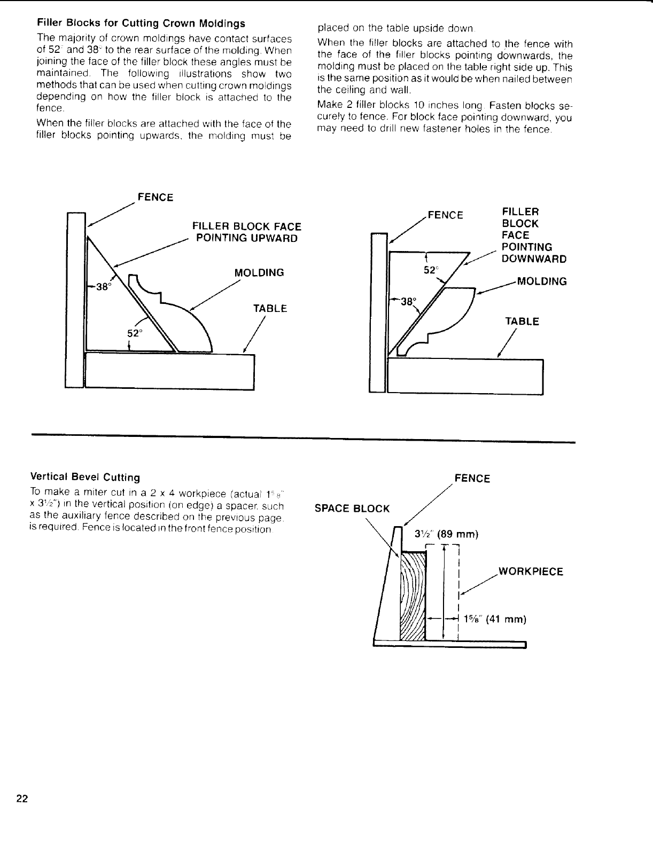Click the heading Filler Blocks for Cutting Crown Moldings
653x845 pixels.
(141, 24)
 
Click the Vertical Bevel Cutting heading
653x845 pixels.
(85, 477)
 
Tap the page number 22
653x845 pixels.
(22, 799)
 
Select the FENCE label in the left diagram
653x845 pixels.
(155, 198)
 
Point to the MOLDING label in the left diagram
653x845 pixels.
(259, 272)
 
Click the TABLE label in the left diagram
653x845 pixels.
(270, 309)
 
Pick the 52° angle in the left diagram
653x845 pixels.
(135, 333)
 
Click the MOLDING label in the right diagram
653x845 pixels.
(540, 281)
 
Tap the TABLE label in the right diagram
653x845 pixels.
(522, 322)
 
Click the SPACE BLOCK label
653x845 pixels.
(352, 508)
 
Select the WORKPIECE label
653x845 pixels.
(531, 572)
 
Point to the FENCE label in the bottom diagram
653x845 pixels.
(472, 478)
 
